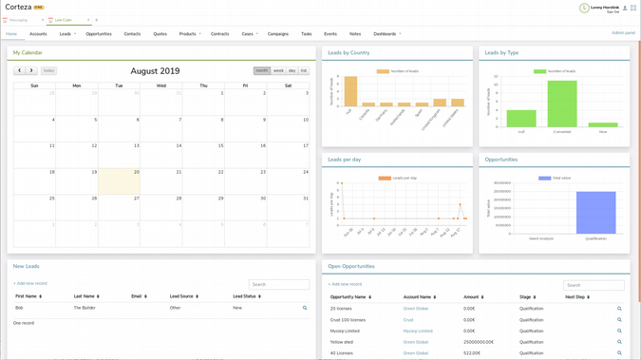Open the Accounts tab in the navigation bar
coord(38,34)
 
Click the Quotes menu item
coord(160,34)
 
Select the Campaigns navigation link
coord(277,34)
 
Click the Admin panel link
coord(623,33)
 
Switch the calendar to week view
coord(278,70)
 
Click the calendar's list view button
coord(304,70)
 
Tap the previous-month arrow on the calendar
coord(19,70)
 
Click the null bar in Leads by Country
coord(349,92)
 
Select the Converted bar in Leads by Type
coord(561,104)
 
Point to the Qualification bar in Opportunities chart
coord(595,212)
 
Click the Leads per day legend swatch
coord(385,178)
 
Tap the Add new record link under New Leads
coord(30,283)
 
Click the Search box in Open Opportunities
coord(594,285)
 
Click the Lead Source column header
coord(182,296)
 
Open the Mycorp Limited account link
coord(418,331)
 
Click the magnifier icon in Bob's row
coord(305,308)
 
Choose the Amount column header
coord(472,297)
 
